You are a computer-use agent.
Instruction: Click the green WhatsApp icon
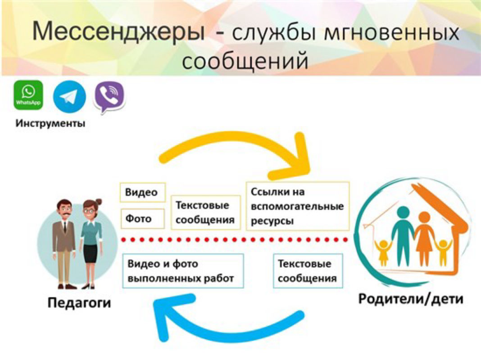click(28, 95)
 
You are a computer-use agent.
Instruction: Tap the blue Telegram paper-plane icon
click(69, 97)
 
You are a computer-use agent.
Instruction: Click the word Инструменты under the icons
click(50, 123)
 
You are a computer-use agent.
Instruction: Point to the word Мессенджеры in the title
click(118, 31)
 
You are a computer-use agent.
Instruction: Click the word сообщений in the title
click(245, 60)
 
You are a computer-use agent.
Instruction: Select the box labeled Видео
click(143, 193)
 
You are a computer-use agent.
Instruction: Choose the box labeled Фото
click(143, 219)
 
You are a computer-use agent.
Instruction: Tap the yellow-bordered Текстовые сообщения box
click(205, 212)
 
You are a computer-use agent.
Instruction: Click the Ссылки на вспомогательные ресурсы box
click(298, 206)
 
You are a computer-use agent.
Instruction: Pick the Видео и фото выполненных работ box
click(183, 271)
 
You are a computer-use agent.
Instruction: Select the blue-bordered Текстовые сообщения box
click(308, 271)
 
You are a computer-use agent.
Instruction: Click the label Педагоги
click(79, 303)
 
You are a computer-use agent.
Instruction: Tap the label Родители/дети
click(411, 299)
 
